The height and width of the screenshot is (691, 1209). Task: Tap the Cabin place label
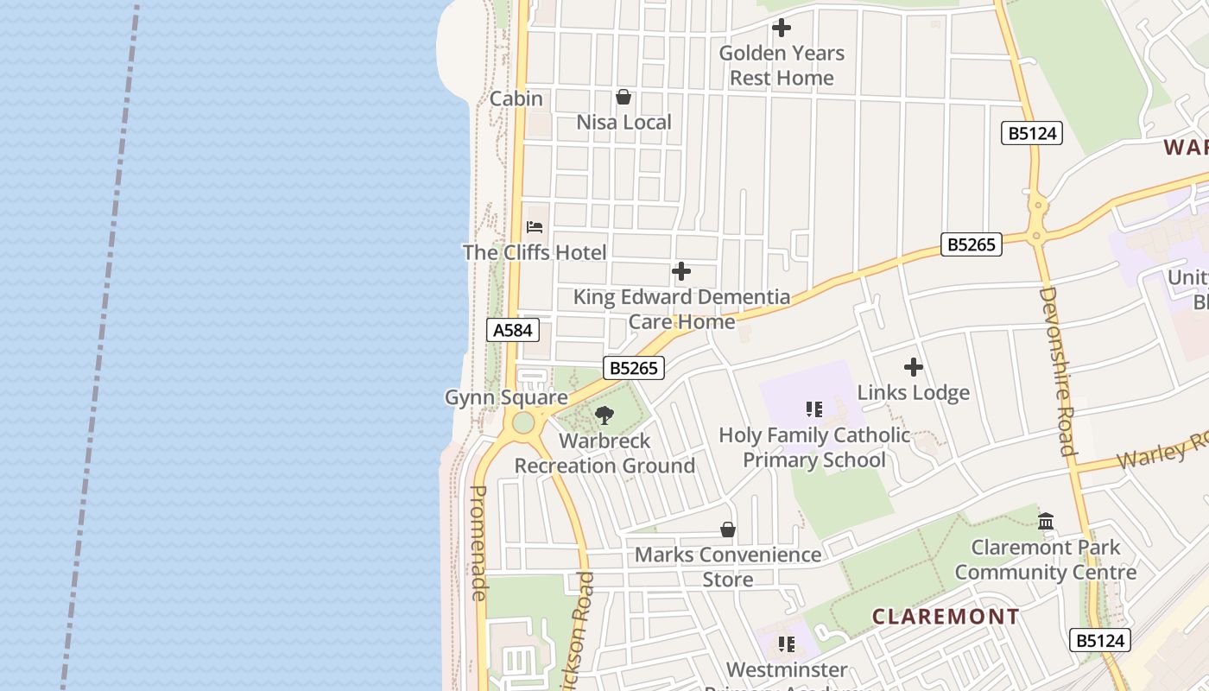pyautogui.click(x=516, y=98)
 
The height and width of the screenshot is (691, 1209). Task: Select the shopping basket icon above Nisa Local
pyautogui.click(x=623, y=97)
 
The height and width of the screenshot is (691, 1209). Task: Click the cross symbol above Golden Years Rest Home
pyautogui.click(x=782, y=28)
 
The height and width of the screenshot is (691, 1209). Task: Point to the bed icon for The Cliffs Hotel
pyautogui.click(x=535, y=227)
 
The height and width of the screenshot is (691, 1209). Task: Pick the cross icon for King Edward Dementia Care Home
pyautogui.click(x=681, y=272)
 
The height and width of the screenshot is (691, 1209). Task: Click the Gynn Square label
pyautogui.click(x=506, y=397)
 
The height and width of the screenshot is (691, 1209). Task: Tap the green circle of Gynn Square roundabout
pyautogui.click(x=523, y=423)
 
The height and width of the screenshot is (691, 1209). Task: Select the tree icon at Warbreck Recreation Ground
pyautogui.click(x=604, y=415)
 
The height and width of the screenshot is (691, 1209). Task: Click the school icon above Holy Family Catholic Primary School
pyautogui.click(x=813, y=409)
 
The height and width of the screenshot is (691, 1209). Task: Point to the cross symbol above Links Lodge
pyautogui.click(x=913, y=368)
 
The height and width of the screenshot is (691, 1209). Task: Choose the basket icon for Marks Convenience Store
pyautogui.click(x=728, y=529)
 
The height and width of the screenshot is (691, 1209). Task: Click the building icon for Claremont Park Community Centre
pyautogui.click(x=1046, y=521)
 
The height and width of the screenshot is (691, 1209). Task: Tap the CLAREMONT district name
pyautogui.click(x=946, y=617)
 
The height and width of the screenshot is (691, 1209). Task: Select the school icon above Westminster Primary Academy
pyautogui.click(x=786, y=644)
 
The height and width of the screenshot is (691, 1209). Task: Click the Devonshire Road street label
pyautogui.click(x=1056, y=371)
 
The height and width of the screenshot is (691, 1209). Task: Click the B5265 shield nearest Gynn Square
pyautogui.click(x=634, y=368)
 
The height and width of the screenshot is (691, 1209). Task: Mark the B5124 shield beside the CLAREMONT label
pyautogui.click(x=1100, y=640)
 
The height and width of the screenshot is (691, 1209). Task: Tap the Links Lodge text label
pyautogui.click(x=913, y=393)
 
